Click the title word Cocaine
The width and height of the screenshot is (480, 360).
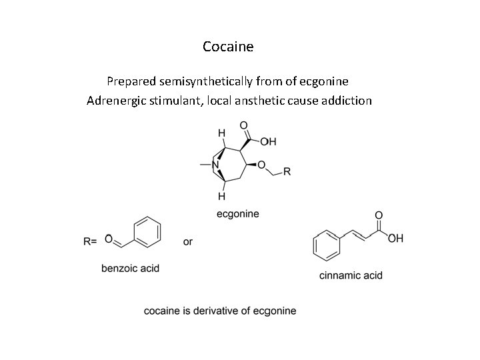click(228, 47)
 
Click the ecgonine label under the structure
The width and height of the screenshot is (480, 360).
click(238, 213)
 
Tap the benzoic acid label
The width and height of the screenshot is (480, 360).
click(130, 269)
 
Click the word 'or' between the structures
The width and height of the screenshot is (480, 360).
click(188, 241)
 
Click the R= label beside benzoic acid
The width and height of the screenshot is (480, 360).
click(91, 242)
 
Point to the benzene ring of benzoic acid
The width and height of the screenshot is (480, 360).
click(147, 232)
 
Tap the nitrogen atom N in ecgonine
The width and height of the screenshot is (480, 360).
click(216, 163)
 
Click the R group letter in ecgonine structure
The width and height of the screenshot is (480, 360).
click(287, 171)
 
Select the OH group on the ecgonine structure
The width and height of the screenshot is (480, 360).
click(268, 142)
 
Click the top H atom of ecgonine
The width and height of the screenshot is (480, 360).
click(221, 133)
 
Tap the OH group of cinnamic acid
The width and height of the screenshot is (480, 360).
click(395, 239)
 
